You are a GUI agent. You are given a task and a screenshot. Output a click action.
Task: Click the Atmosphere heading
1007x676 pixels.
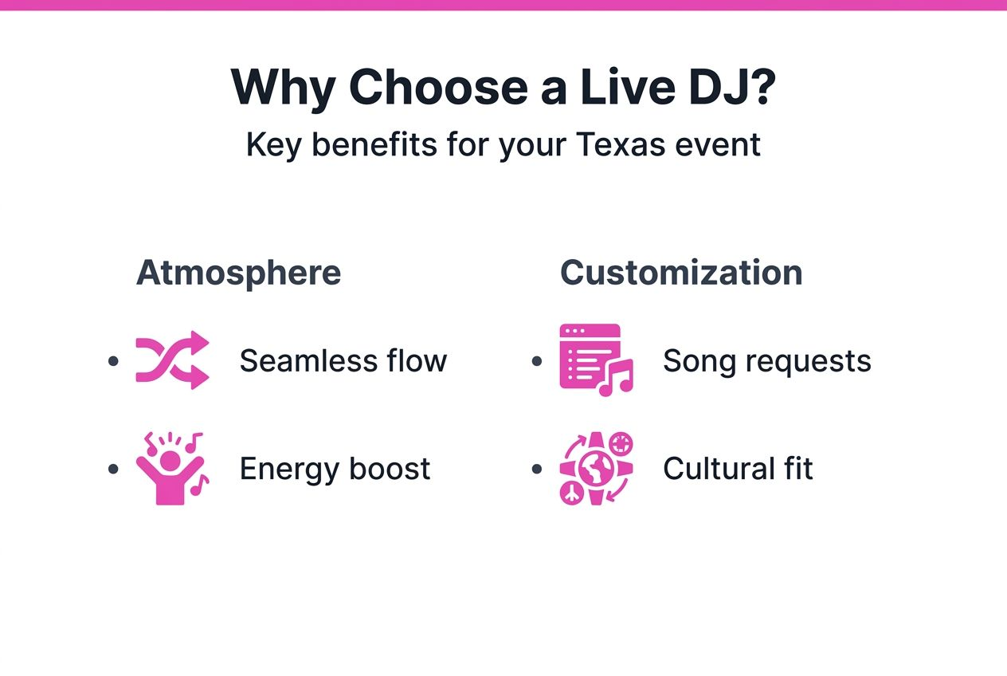pos(238,273)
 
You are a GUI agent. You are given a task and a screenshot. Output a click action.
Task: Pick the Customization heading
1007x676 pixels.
pos(681,273)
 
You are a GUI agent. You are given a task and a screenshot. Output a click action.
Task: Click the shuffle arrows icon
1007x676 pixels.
pos(172,360)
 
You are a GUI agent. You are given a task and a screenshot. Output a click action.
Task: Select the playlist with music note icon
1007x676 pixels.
pos(595,360)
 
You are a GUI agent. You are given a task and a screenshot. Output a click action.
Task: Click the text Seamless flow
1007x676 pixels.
pos(343,361)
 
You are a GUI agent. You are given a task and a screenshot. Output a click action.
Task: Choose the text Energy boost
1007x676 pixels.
pos(335,469)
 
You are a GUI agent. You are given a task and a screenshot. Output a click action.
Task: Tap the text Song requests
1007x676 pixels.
pos(766,361)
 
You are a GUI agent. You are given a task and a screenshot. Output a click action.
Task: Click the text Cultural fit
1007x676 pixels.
pos(738,469)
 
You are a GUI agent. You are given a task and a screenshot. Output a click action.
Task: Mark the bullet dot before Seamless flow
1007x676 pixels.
pos(113,361)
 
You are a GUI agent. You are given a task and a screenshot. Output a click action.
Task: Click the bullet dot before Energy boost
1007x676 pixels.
pos(113,469)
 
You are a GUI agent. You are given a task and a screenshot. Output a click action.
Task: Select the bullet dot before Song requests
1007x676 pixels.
pos(537,361)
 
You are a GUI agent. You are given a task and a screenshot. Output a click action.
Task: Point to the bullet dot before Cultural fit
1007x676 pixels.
pos(537,469)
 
